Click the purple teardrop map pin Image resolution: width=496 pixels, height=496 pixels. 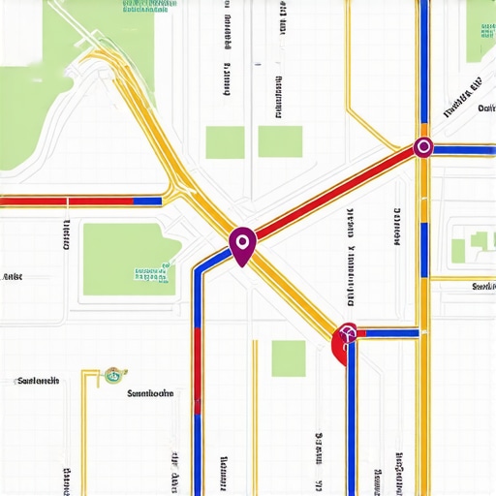[x=242, y=242]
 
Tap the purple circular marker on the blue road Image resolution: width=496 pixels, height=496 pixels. [x=422, y=147]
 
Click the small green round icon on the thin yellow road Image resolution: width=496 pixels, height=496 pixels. [x=113, y=373]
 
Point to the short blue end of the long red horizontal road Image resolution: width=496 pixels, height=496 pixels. [x=147, y=201]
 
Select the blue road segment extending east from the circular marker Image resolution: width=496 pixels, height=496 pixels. [x=463, y=148]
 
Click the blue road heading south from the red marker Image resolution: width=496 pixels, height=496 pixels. [x=351, y=417]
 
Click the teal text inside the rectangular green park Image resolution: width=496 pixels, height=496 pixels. [x=155, y=271]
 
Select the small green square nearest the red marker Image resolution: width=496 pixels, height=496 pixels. [x=288, y=358]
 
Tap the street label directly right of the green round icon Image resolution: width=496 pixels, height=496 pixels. [x=150, y=393]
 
